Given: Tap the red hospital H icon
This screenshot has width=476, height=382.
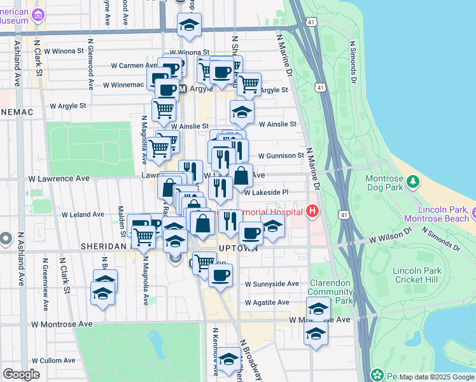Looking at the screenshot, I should click(312, 211).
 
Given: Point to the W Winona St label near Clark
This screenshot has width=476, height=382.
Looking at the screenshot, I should click(63, 51).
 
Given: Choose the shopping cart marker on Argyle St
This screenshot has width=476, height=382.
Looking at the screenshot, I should click(249, 83).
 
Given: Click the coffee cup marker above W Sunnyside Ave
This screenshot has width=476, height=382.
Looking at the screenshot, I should click(220, 275).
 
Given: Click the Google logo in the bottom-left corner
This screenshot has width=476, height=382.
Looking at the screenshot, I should click(21, 374).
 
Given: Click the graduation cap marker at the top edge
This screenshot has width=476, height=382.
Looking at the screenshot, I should click(188, 25).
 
